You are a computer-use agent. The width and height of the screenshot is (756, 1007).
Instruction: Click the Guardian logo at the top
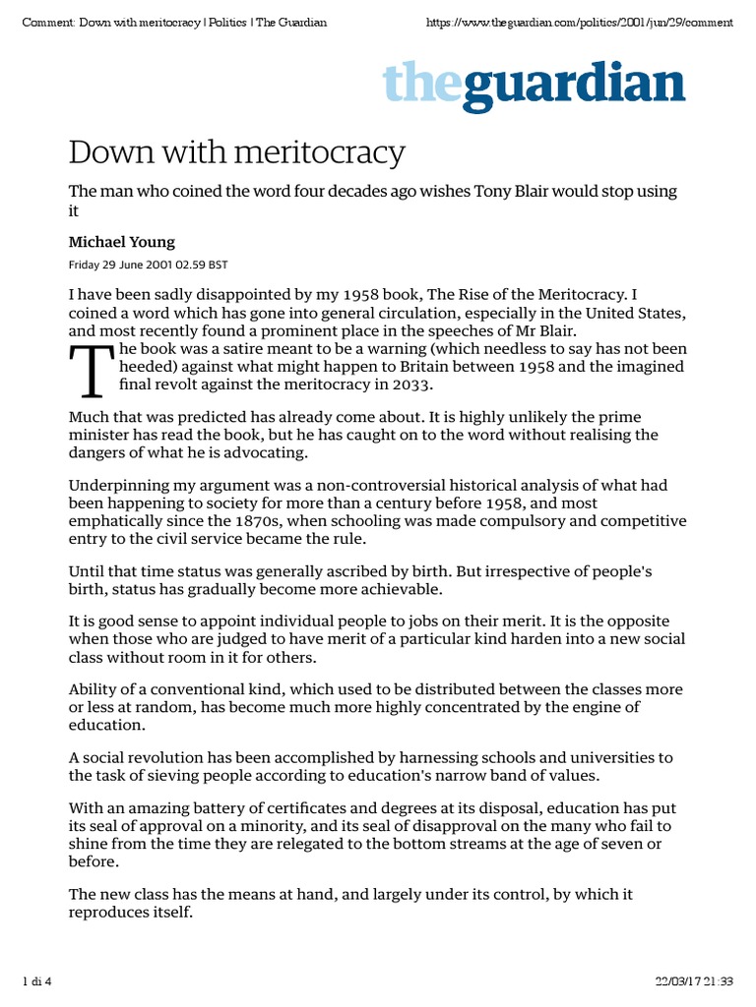tap(534, 86)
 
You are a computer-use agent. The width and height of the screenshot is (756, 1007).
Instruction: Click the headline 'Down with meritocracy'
tap(236, 152)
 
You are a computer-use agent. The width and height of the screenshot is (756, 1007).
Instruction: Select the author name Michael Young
tap(122, 242)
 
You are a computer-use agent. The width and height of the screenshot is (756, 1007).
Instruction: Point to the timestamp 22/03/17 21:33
tap(694, 980)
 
